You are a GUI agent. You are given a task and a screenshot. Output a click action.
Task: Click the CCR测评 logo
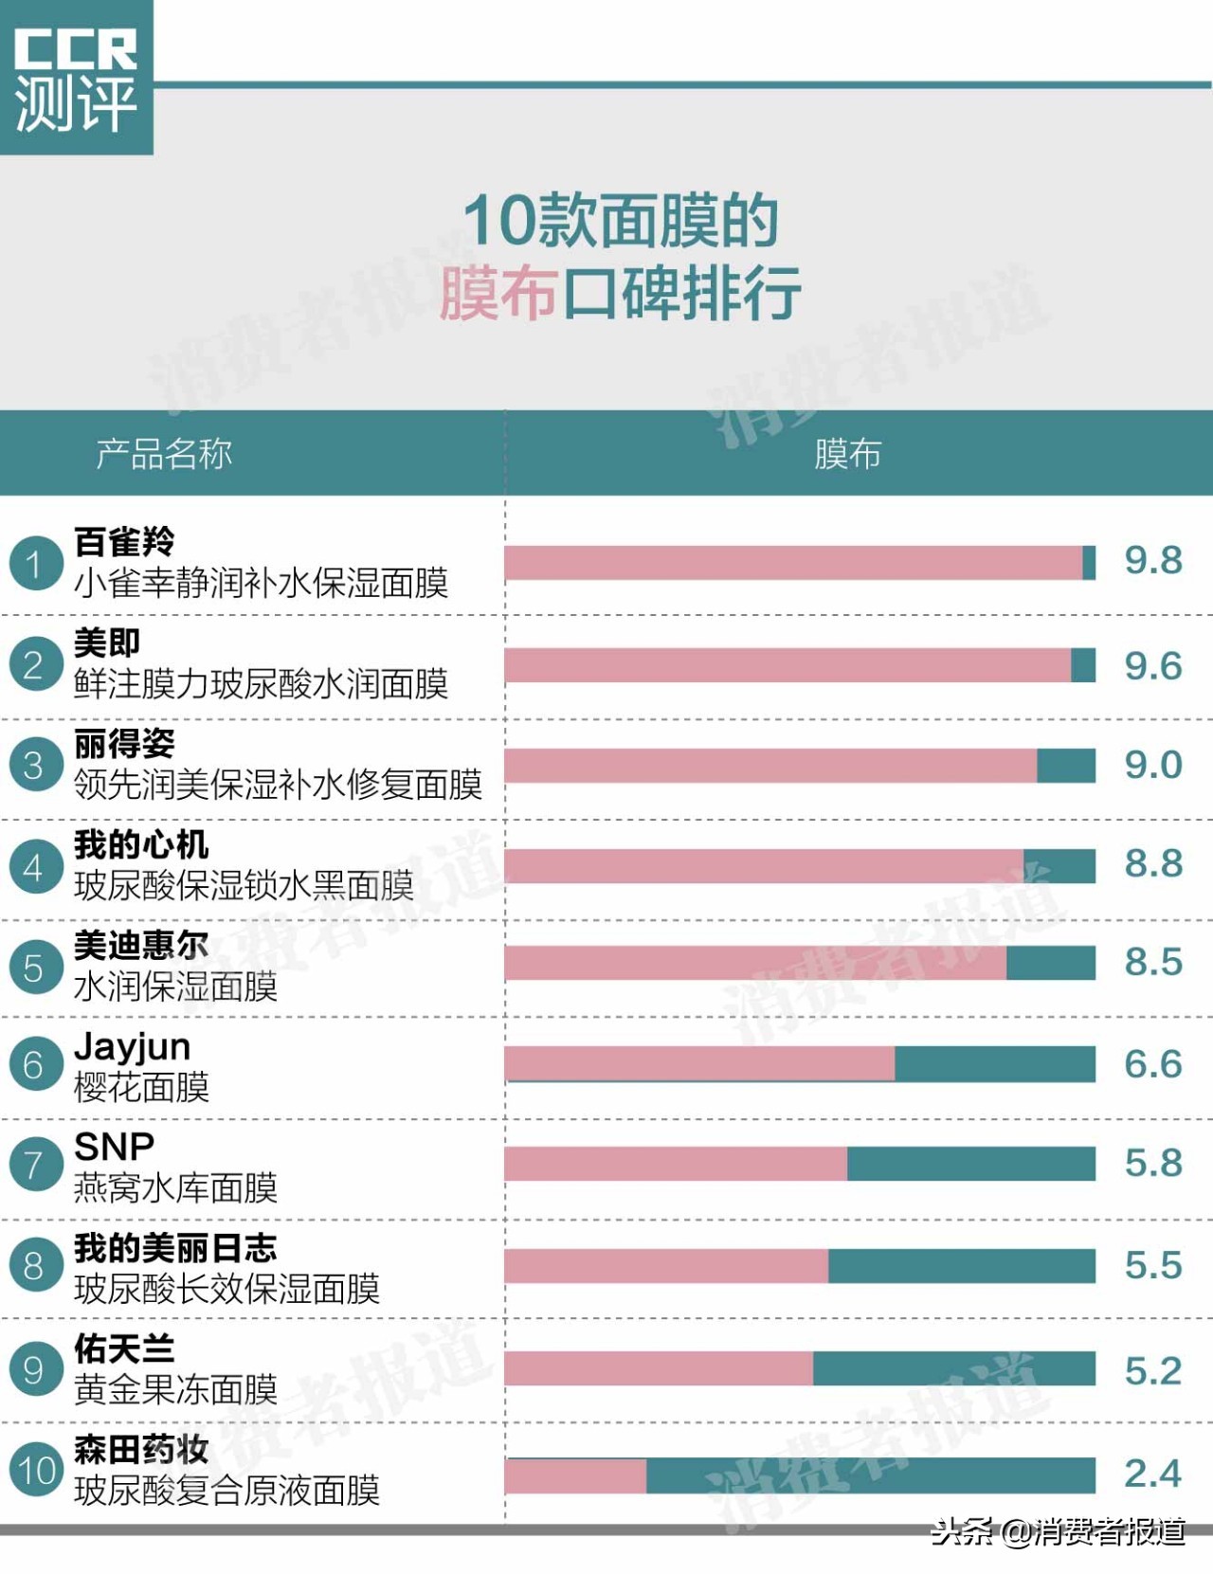76,78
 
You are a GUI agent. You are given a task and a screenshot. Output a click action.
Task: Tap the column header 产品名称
164,454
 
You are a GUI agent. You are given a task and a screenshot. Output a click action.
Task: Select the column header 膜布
847,454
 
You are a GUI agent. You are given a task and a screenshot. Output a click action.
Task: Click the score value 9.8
1152,560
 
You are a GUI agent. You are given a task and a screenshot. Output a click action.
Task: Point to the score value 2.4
1152,1474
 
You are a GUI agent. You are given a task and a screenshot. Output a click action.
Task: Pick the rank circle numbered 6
34,1064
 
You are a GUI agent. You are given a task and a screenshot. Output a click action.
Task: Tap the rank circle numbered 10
36,1470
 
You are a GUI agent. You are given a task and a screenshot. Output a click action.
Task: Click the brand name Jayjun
133,1046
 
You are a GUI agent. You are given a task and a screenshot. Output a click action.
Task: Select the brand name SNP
115,1147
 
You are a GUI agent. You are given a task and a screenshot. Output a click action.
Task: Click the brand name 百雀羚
124,542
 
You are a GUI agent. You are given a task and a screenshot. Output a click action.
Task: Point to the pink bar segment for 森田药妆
575,1475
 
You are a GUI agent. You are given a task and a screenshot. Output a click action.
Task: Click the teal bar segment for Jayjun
994,1063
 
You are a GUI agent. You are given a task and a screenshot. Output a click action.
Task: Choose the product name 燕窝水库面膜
175,1187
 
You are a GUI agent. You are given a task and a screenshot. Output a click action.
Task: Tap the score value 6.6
1152,1064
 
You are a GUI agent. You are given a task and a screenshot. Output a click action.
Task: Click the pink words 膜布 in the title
497,294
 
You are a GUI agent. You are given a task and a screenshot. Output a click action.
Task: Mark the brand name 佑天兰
124,1348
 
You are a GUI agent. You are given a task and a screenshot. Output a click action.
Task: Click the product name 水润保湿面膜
175,986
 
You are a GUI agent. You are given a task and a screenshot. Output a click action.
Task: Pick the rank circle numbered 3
34,765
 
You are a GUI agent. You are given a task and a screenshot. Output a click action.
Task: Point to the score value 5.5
1152,1265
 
